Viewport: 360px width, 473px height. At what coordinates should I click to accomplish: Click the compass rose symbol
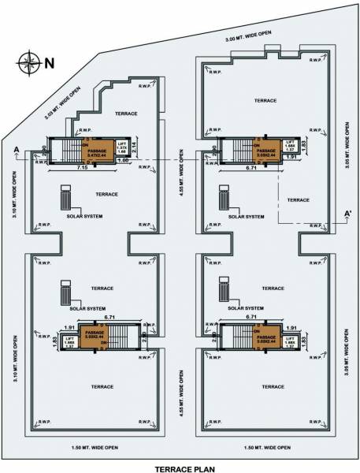[x=28, y=61]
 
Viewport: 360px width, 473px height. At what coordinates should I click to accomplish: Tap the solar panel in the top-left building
[x=65, y=196]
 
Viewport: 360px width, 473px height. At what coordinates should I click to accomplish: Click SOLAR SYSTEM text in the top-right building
[x=246, y=216]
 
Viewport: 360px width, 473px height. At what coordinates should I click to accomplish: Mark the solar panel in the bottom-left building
[x=65, y=296]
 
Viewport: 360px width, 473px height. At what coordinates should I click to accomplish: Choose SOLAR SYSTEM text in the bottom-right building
[x=246, y=309]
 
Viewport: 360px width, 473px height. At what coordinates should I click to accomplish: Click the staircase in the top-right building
[x=234, y=150]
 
